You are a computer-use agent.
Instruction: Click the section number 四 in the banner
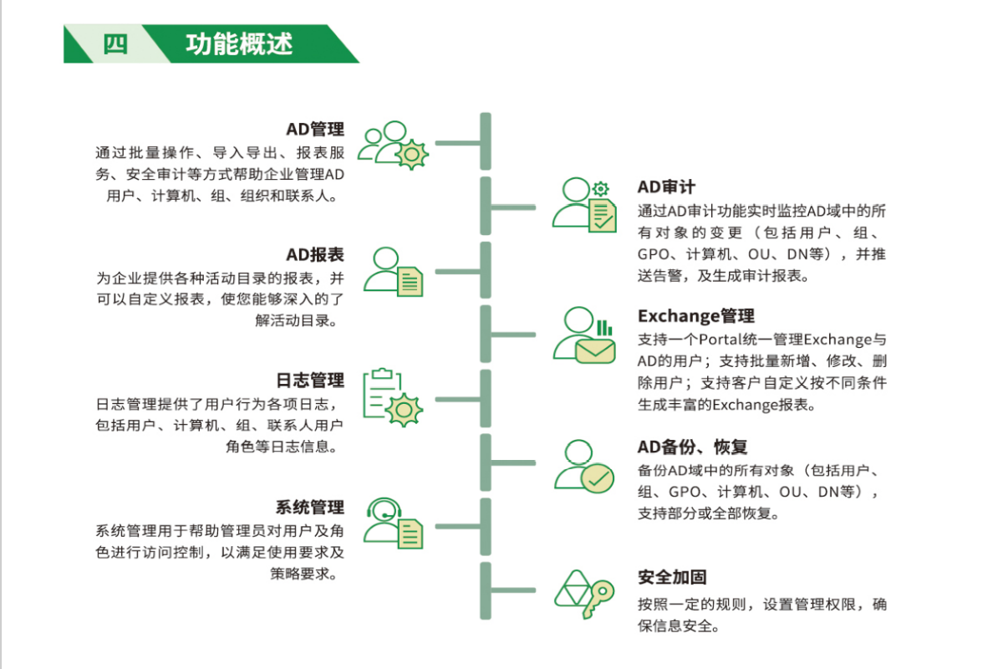pos(116,43)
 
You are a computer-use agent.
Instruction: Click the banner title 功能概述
pos(239,43)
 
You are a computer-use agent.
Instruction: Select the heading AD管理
pos(315,129)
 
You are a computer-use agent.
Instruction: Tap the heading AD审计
pos(666,186)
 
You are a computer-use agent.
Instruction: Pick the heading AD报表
pos(315,254)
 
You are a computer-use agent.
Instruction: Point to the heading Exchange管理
pos(696,315)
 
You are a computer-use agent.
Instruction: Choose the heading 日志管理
pos(310,380)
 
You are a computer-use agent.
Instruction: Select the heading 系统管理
pos(310,507)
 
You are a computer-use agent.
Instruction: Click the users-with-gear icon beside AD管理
pos(393,145)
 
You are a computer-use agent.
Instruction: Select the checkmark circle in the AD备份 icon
pos(598,478)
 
